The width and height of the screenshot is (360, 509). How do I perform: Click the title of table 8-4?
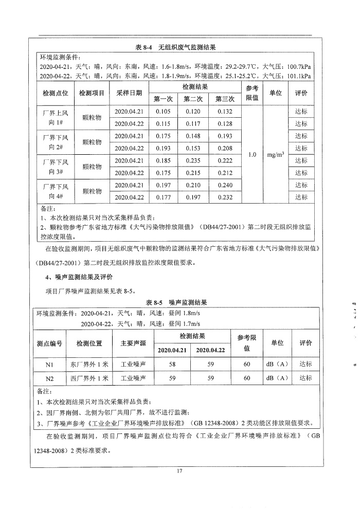[175, 47]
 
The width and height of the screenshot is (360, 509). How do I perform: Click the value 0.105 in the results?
[163, 112]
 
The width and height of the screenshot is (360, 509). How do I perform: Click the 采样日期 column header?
[129, 93]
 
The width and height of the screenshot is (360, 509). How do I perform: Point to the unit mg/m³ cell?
[277, 154]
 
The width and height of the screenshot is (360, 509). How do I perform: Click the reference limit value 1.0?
[251, 154]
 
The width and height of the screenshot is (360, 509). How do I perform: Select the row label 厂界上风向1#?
[55, 117]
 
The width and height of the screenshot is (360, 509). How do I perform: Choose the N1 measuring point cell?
[49, 363]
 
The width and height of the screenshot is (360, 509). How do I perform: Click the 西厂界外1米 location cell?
[89, 378]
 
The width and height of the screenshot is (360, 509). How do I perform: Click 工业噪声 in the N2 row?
[133, 378]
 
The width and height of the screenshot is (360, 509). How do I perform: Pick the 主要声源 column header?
[133, 343]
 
